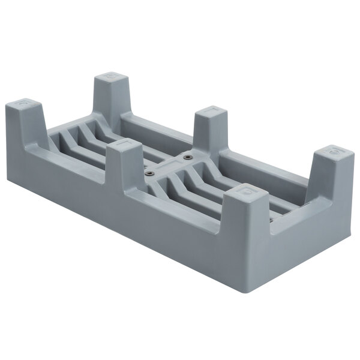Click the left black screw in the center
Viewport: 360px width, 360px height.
point(147,173)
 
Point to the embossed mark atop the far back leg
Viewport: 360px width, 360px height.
point(111,76)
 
